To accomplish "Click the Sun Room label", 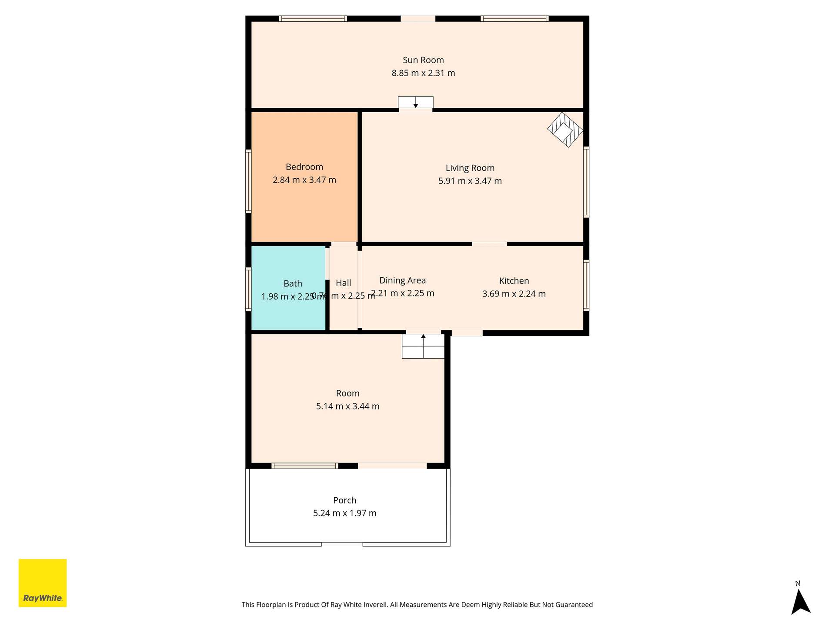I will pyautogui.click(x=423, y=60).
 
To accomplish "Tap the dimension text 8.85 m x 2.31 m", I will pyautogui.click(x=423, y=73).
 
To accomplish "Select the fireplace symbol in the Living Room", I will pyautogui.click(x=565, y=130).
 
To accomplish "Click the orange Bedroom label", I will pyautogui.click(x=304, y=167).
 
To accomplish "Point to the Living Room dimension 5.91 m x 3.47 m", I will pyautogui.click(x=470, y=181).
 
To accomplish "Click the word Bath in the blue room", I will pyautogui.click(x=293, y=283).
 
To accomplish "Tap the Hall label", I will pyautogui.click(x=343, y=283).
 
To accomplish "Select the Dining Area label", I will pyautogui.click(x=402, y=280).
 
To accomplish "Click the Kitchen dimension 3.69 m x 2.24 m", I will pyautogui.click(x=514, y=294).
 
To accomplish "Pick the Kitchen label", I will pyautogui.click(x=514, y=281).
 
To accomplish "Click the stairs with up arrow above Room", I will pyautogui.click(x=423, y=346).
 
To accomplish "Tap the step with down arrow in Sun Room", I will pyautogui.click(x=415, y=102).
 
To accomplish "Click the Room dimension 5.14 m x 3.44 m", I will pyautogui.click(x=347, y=406).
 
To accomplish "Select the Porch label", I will pyautogui.click(x=344, y=500).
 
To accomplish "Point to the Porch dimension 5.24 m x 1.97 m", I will pyautogui.click(x=344, y=513).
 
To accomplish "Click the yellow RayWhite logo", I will pyautogui.click(x=43, y=583).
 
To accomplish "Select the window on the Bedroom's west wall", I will pyautogui.click(x=248, y=181).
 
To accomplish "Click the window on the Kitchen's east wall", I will pyautogui.click(x=586, y=285).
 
